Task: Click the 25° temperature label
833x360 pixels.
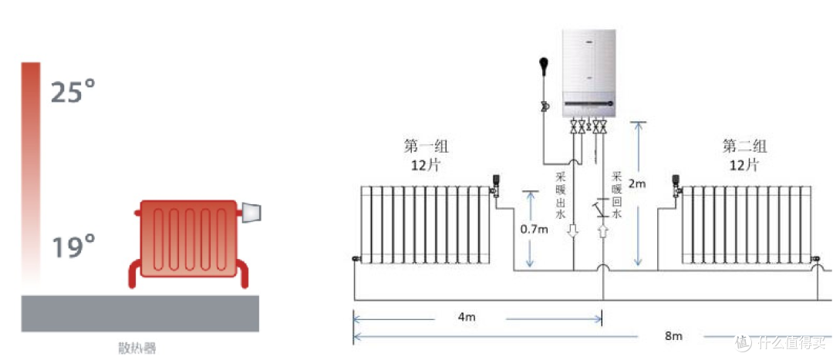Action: click(x=73, y=90)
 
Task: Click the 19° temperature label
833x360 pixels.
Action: click(x=73, y=247)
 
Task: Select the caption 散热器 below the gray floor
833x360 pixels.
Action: click(x=137, y=348)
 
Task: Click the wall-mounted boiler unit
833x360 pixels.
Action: click(x=590, y=73)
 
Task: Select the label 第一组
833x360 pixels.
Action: click(x=423, y=146)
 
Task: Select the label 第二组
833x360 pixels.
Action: click(x=745, y=146)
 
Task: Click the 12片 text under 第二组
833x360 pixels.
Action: click(x=744, y=165)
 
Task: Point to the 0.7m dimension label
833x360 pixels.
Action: click(x=534, y=230)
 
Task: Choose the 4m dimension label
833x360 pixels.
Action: click(x=467, y=317)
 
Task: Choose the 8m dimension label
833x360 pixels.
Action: click(x=673, y=335)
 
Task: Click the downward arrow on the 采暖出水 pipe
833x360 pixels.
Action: click(x=574, y=231)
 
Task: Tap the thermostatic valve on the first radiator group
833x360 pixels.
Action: click(x=496, y=186)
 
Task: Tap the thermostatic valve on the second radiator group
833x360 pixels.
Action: click(x=676, y=186)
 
